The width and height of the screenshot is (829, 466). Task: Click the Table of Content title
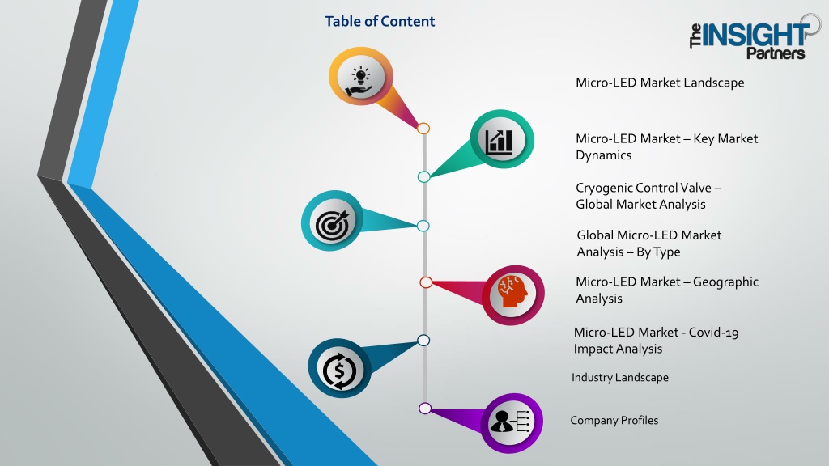pyautogui.click(x=380, y=21)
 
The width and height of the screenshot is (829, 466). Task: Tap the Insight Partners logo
pyautogui.click(x=755, y=37)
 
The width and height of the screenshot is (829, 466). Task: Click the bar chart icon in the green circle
pyautogui.click(x=499, y=141)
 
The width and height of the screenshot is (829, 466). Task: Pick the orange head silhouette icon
pyautogui.click(x=512, y=291)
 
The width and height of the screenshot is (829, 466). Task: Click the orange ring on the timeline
pyautogui.click(x=423, y=129)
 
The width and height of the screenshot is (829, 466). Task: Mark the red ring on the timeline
pyautogui.click(x=426, y=282)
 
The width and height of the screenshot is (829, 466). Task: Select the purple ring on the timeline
pyautogui.click(x=424, y=408)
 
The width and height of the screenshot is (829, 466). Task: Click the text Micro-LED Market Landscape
pyautogui.click(x=660, y=83)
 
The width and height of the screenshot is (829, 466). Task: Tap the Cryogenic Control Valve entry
pyautogui.click(x=648, y=196)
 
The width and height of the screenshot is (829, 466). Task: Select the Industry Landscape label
pyautogui.click(x=619, y=377)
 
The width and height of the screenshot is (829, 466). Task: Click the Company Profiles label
pyautogui.click(x=614, y=420)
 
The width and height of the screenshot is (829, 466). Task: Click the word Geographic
pyautogui.click(x=725, y=282)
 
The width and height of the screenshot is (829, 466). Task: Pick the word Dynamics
pyautogui.click(x=603, y=155)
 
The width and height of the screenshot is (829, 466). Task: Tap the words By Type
pyautogui.click(x=658, y=252)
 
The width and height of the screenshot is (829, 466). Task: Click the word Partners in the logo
pyautogui.click(x=776, y=53)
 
